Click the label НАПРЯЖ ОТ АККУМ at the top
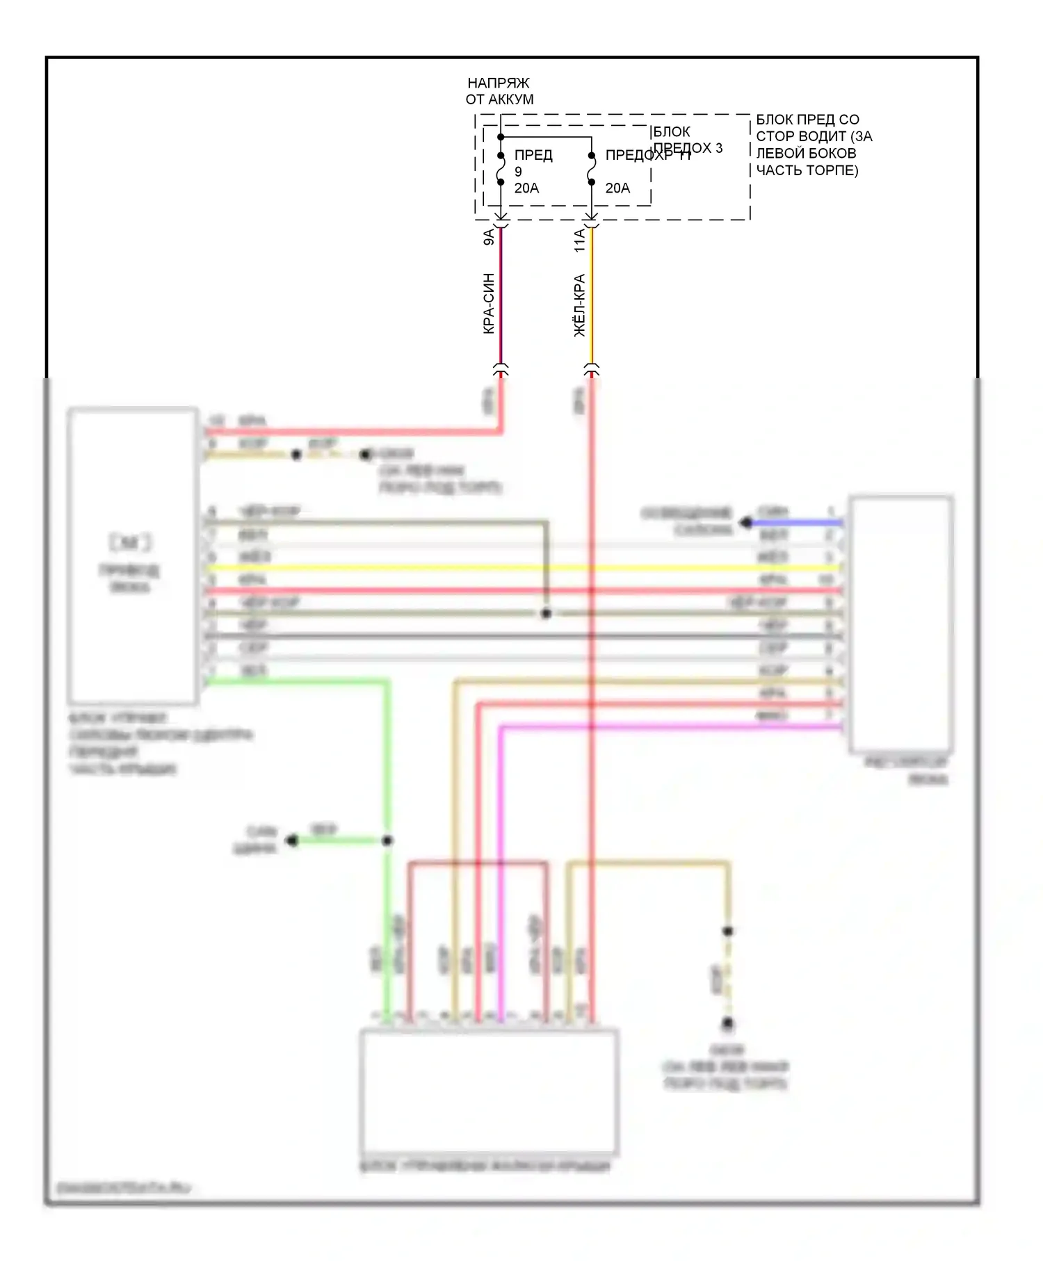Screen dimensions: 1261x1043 tap(499, 91)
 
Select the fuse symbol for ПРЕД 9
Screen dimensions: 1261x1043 tap(501, 169)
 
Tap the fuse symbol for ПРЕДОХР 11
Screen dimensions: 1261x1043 tap(592, 169)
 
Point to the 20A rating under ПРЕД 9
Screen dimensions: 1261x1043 tap(526, 188)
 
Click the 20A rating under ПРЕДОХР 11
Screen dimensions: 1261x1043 tap(617, 188)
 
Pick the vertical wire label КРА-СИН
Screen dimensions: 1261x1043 tap(489, 303)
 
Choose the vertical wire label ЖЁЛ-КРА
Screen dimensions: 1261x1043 tap(580, 306)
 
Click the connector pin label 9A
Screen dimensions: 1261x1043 tap(489, 236)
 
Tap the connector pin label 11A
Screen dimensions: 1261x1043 tap(580, 241)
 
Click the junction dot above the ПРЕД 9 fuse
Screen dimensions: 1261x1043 tap(501, 137)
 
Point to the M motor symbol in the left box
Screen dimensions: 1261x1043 tap(130, 542)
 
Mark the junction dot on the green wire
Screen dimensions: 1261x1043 tap(387, 840)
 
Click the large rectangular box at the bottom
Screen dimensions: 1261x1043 tap(489, 1091)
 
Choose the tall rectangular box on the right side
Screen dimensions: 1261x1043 tap(900, 624)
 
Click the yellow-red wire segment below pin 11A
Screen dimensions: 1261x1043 tap(592, 299)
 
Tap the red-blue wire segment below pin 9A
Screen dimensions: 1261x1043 tap(501, 299)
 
